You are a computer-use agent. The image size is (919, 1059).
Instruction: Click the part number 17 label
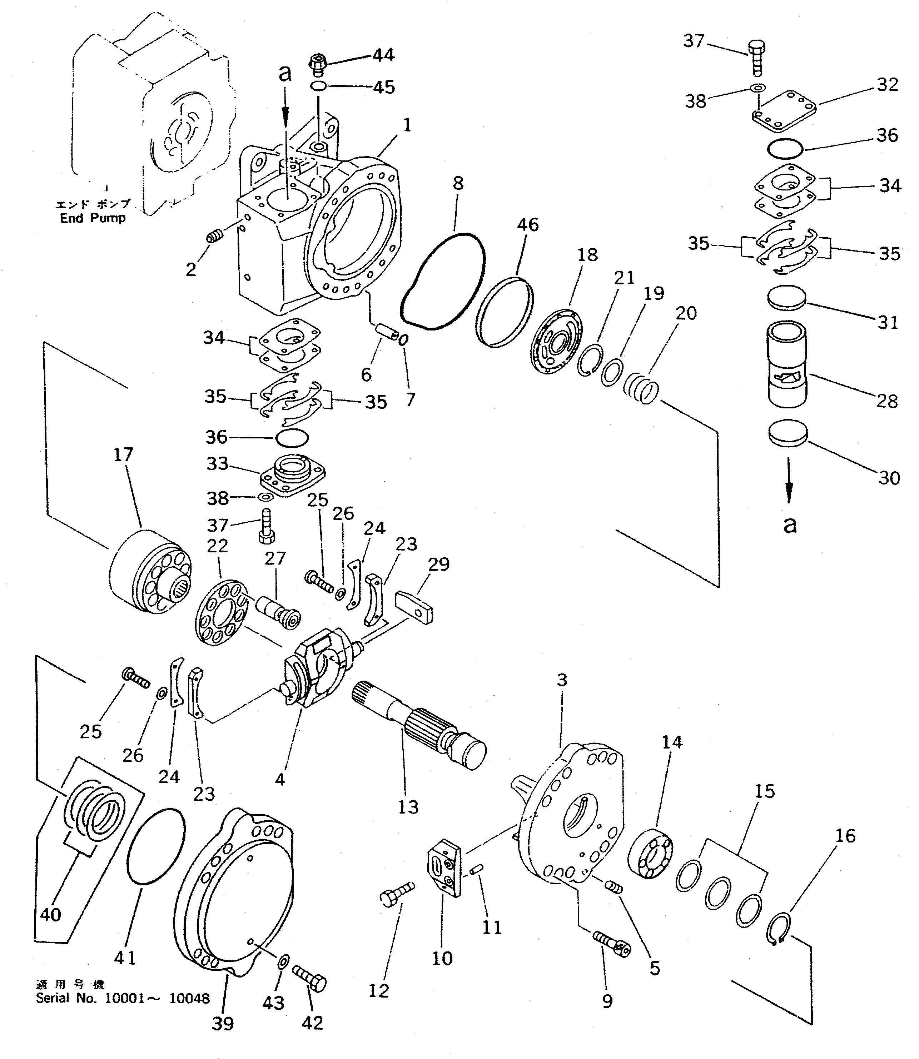(123, 454)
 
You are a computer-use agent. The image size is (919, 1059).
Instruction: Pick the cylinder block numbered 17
(151, 581)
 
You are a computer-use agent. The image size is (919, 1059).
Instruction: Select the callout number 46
(528, 225)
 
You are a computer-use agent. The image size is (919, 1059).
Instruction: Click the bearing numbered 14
(650, 855)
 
